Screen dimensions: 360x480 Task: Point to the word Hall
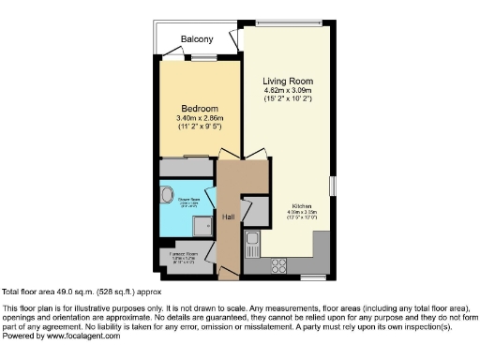[228, 217]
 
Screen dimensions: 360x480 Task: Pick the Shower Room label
[189, 201]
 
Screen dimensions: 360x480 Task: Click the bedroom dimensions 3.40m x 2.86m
[200, 118]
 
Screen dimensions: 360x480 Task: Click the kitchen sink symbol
[252, 247]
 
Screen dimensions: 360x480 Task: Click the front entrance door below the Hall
[228, 276]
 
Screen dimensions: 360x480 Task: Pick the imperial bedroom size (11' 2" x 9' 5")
[200, 128]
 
